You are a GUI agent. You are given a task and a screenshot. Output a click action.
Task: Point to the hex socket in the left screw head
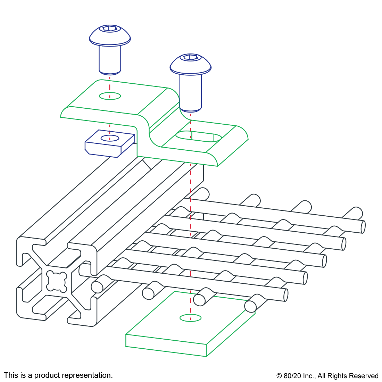[x=110, y=28]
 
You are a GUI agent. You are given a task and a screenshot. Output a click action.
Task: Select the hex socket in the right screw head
[x=191, y=57]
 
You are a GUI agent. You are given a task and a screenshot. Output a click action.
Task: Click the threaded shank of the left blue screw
[x=110, y=59]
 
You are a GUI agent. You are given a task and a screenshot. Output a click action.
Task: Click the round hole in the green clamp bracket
[x=110, y=96]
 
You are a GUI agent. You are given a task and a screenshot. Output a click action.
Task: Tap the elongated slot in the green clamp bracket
[x=198, y=137]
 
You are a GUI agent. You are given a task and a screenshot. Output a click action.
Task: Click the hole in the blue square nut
[x=110, y=138]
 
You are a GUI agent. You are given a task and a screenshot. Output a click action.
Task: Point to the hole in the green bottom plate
[x=191, y=318]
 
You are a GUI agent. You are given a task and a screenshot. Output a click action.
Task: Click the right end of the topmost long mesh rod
[x=363, y=227]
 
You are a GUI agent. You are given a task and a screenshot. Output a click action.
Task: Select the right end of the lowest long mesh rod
[x=285, y=295]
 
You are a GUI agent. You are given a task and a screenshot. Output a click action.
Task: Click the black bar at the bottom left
[x=58, y=376]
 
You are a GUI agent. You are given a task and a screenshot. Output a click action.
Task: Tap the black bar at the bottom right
[x=327, y=376]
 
